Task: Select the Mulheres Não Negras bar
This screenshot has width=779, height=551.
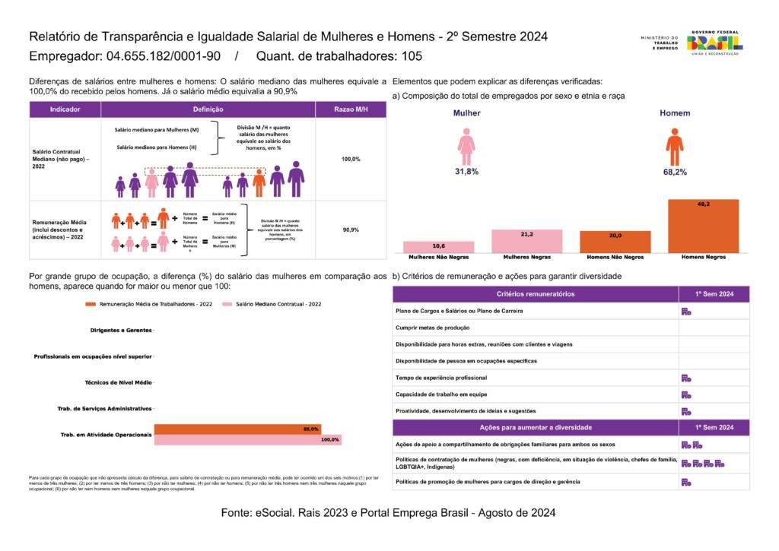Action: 439,247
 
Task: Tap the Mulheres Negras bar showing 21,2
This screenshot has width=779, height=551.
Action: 527,241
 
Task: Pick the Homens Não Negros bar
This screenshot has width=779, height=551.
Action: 615,242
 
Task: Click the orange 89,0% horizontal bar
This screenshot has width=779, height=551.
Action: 237,429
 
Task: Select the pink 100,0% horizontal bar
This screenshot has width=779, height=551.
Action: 247,439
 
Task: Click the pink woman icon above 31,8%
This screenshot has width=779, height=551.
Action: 466,146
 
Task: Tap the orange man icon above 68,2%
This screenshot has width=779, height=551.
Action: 674,146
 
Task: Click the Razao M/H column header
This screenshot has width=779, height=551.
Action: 351,109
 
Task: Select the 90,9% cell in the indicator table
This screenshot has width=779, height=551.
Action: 351,230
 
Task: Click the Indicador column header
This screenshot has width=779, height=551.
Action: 65,109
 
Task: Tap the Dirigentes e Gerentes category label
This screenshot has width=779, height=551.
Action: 114,331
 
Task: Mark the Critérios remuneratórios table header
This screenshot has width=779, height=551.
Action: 535,294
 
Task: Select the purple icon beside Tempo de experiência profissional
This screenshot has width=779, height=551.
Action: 685,378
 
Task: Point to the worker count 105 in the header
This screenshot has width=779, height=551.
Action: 412,56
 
